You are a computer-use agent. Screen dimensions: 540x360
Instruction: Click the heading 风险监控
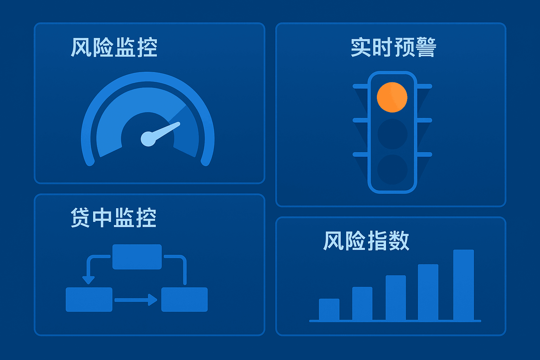(114, 47)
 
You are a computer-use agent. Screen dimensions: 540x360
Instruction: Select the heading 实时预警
(393, 47)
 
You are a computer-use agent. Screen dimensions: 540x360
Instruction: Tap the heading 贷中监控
(113, 218)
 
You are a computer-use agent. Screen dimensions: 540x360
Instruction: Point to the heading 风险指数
(366, 241)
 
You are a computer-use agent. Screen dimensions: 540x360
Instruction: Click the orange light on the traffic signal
(392, 97)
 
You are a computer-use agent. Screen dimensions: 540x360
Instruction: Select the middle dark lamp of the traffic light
(392, 134)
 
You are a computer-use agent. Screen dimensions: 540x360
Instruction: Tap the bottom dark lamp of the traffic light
(392, 169)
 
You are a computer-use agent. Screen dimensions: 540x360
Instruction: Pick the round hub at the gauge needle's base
(148, 139)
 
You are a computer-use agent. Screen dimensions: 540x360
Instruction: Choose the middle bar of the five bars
(396, 298)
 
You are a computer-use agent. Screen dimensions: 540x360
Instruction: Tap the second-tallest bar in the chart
(428, 292)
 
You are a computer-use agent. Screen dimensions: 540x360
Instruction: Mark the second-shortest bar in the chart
(362, 303)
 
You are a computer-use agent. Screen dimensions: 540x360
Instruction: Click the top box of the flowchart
(137, 257)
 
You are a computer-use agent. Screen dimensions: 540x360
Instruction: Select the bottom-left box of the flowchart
(89, 300)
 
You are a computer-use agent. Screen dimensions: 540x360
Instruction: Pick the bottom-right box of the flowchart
(184, 300)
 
